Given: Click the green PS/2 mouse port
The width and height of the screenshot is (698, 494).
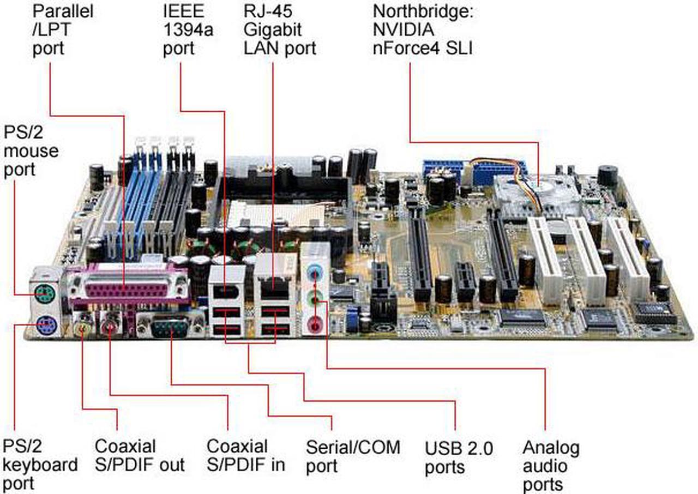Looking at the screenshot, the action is pos(45,293).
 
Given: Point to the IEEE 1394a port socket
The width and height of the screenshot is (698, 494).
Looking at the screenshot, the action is pos(226,293).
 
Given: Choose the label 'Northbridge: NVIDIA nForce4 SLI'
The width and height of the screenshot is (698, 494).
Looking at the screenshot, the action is pos(423,29).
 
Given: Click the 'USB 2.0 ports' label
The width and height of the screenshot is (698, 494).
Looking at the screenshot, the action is pos(459,457).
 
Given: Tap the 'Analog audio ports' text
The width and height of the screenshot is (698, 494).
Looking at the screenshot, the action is pos(551,466).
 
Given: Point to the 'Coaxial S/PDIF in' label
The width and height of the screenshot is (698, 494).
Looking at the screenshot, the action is pos(246,455).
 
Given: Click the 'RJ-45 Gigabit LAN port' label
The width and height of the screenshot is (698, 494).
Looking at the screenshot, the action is pos(280,29).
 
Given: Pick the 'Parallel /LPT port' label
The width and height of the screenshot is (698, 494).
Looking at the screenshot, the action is pos(63,29).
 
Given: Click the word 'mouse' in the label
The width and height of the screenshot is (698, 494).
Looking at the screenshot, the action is pos(31,151).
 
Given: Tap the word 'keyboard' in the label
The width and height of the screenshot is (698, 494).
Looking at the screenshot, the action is pos(40,465).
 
